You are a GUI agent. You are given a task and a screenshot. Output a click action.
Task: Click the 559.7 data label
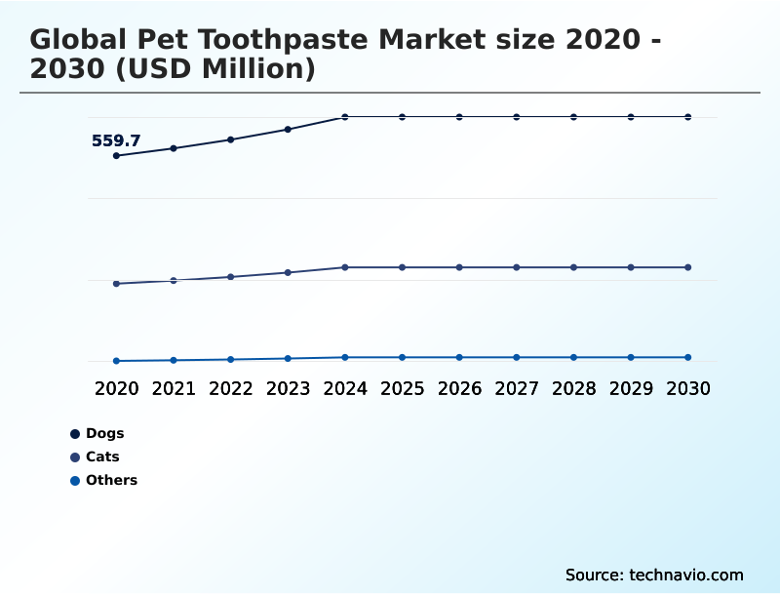pos(116,140)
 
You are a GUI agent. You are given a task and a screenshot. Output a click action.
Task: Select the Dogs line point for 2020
pos(117,156)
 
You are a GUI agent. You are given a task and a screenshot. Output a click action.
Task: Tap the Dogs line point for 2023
pos(288,129)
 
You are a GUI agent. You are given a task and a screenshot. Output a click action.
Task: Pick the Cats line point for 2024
pos(345,267)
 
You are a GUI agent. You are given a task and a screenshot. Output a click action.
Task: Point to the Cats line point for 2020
pos(117,284)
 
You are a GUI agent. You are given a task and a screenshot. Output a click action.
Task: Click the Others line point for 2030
pos(688,357)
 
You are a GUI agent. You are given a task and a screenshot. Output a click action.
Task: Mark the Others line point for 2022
pos(231,359)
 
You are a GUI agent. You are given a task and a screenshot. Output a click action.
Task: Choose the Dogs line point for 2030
pos(688,117)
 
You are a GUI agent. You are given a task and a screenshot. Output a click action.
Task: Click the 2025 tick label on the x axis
pos(402,388)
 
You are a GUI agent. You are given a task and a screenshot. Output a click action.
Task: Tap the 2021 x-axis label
pos(174,388)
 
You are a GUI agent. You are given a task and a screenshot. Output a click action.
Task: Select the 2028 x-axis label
pos(573,388)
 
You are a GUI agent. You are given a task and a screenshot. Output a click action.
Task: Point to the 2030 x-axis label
pos(688,388)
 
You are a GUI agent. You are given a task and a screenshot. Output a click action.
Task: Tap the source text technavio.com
pos(686,575)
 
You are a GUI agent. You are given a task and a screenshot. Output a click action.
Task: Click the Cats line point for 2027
pos(517,267)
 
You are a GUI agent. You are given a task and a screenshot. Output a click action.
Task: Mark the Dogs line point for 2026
pos(459,117)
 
